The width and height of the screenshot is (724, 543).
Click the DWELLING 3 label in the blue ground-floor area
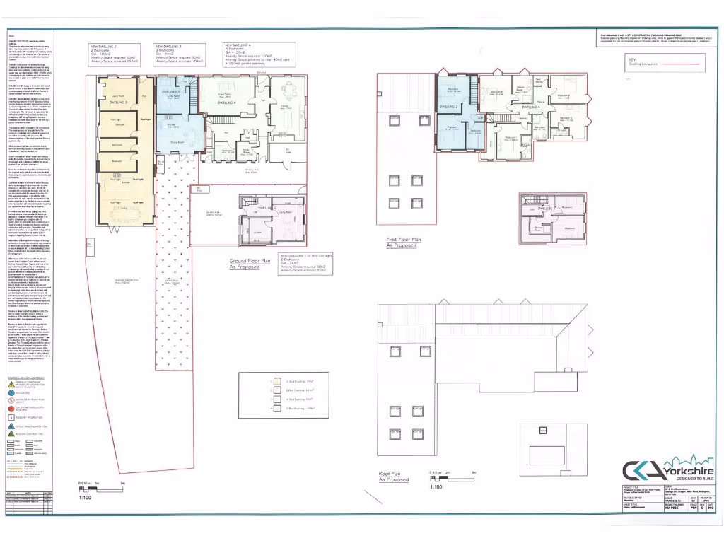point(170,93)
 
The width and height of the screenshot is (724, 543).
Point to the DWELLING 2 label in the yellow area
point(116,103)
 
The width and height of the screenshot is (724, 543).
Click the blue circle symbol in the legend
point(11,392)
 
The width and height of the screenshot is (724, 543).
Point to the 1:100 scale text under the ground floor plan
point(84,498)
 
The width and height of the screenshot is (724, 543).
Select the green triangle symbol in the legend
point(11,426)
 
